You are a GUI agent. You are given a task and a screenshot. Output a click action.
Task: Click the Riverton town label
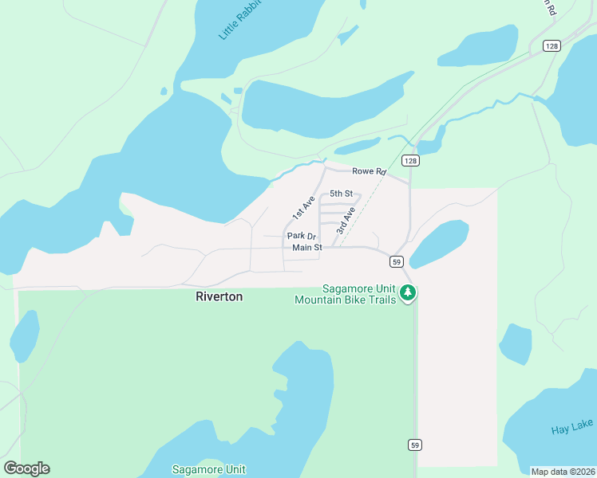[x=219, y=296]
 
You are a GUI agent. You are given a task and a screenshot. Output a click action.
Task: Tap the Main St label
[x=306, y=248]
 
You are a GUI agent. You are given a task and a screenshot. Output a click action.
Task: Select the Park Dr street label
[x=302, y=237]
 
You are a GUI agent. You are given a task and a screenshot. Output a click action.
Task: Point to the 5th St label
[x=341, y=194]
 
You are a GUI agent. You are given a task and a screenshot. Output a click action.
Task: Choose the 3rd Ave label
[x=345, y=219]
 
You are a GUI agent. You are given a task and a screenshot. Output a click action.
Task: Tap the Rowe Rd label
[x=369, y=171]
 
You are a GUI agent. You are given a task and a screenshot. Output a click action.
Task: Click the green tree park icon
[x=408, y=293]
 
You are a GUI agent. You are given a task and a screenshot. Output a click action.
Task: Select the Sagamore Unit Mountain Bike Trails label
[x=346, y=294]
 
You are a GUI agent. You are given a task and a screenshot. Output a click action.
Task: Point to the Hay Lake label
[x=572, y=429]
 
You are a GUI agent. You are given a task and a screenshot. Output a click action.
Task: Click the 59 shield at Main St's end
[x=397, y=261]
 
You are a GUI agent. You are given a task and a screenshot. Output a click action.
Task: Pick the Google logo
[x=26, y=468]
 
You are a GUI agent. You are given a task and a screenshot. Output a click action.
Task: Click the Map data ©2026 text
[x=563, y=472]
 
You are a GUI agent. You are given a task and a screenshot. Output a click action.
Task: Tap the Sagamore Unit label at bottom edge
[x=208, y=469]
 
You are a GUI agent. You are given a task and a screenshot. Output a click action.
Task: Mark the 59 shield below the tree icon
[x=414, y=444]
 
